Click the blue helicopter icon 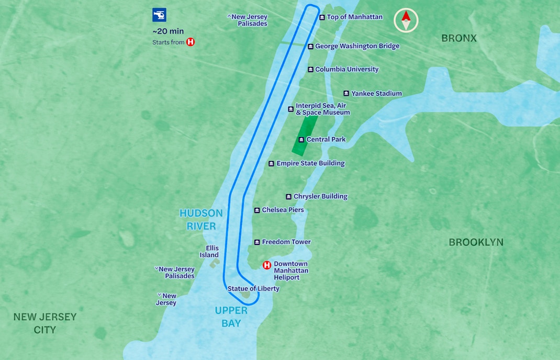coord(159,15)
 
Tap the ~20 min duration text coord(168,31)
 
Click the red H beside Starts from coord(191,42)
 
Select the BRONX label coord(459,38)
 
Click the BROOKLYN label coord(476,242)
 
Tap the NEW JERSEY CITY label coord(45,323)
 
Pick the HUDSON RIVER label coord(201,220)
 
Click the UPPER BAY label coord(231,317)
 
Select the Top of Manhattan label coord(354,17)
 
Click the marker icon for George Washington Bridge coord(310,47)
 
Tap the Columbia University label coord(346,70)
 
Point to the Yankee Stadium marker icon coord(346,94)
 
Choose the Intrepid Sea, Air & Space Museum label coord(322,109)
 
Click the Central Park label coord(326,140)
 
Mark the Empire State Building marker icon coord(271,164)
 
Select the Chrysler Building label coord(320,197)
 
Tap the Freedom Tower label coord(286,242)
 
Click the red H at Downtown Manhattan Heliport coord(267,265)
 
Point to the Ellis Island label coord(209,252)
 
